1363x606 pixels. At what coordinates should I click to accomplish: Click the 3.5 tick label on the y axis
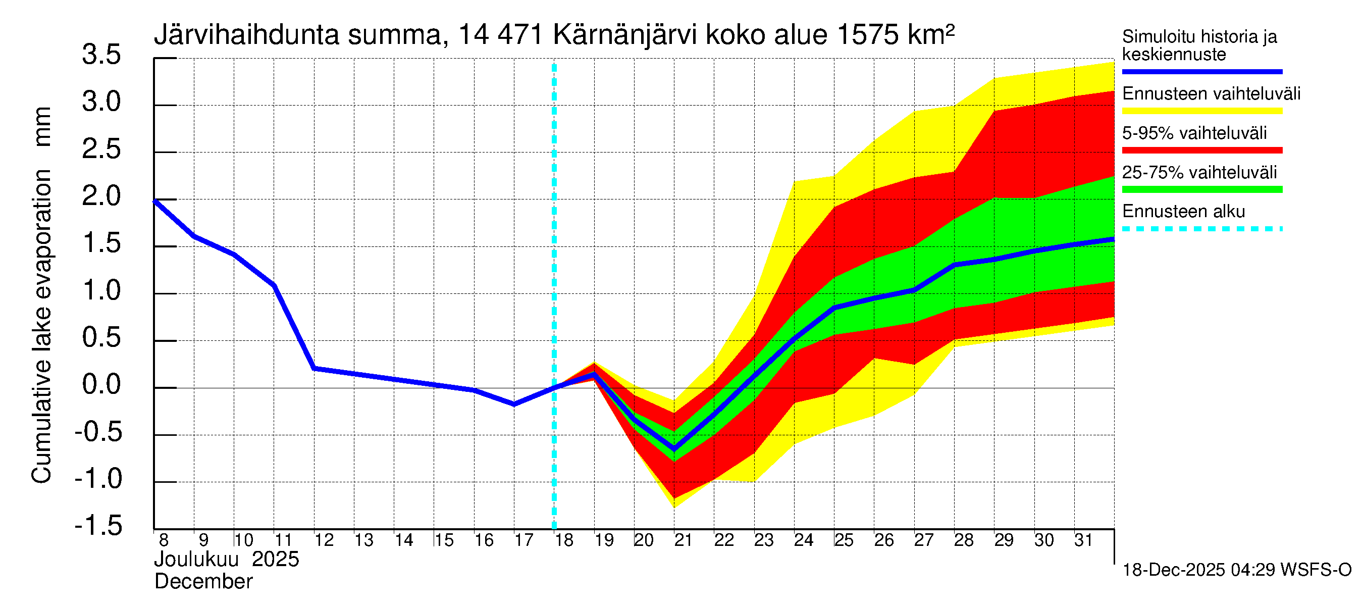click(x=101, y=55)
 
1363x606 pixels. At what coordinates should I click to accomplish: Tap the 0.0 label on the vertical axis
click(x=101, y=385)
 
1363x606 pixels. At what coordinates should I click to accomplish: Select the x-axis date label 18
click(x=564, y=540)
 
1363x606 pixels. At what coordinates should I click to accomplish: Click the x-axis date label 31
click(x=1083, y=540)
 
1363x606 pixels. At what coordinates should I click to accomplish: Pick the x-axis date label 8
click(x=164, y=540)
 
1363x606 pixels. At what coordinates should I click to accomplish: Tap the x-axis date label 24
click(x=803, y=540)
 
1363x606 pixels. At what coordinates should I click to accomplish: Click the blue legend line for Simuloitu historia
click(x=1201, y=71)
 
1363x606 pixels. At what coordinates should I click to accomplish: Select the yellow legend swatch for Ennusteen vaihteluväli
click(x=1201, y=111)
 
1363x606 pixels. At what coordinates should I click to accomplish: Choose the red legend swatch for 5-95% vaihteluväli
click(x=1201, y=150)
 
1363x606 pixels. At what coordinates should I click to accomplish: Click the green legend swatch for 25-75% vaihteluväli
click(x=1201, y=189)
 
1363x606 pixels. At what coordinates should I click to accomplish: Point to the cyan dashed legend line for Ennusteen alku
click(x=1201, y=229)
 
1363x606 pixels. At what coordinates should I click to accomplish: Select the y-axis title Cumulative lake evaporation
click(x=41, y=326)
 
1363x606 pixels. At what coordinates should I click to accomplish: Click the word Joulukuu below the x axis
click(x=196, y=560)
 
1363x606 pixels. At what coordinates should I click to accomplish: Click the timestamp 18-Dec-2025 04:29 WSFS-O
click(x=1236, y=570)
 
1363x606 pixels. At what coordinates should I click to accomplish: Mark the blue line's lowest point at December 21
click(x=674, y=449)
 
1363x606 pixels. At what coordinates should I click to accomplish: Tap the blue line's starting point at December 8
click(x=154, y=201)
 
